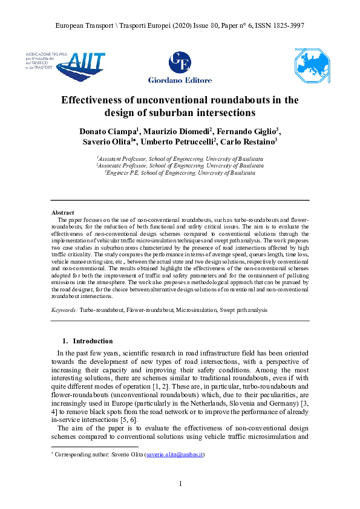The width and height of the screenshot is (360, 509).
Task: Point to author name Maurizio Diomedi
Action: click(175, 131)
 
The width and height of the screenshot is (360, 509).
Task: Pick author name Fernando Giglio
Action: click(247, 131)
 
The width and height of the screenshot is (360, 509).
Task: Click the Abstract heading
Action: click(62, 213)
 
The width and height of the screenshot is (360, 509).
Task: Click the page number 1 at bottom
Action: click(180, 484)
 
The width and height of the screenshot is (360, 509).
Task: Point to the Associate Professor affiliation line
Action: click(180, 164)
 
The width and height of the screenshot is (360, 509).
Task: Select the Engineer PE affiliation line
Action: click(180, 172)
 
